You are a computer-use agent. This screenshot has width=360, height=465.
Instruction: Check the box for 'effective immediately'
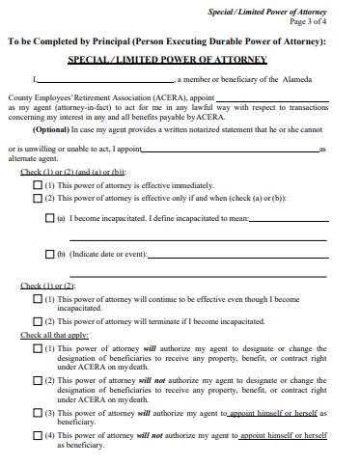38,183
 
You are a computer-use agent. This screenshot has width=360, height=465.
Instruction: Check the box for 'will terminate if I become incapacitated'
38,321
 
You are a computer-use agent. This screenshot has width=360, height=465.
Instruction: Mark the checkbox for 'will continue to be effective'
38,300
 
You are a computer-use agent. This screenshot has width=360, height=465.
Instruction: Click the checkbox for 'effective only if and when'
38,197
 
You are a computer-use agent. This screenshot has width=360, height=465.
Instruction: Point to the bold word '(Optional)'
51,128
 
